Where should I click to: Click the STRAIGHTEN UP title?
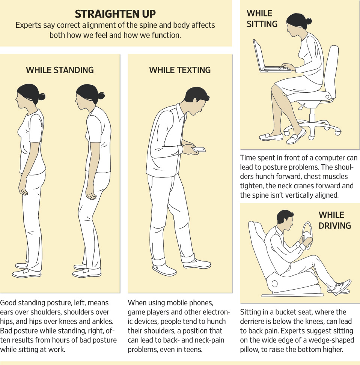click(x=115, y=14)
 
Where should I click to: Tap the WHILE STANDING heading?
click(x=60, y=70)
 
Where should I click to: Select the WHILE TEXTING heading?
click(x=180, y=70)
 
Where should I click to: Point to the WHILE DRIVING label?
click(x=334, y=220)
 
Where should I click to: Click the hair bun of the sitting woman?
click(x=309, y=21)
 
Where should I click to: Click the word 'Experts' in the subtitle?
click(x=27, y=26)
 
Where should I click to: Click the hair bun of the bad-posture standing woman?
click(x=100, y=95)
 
